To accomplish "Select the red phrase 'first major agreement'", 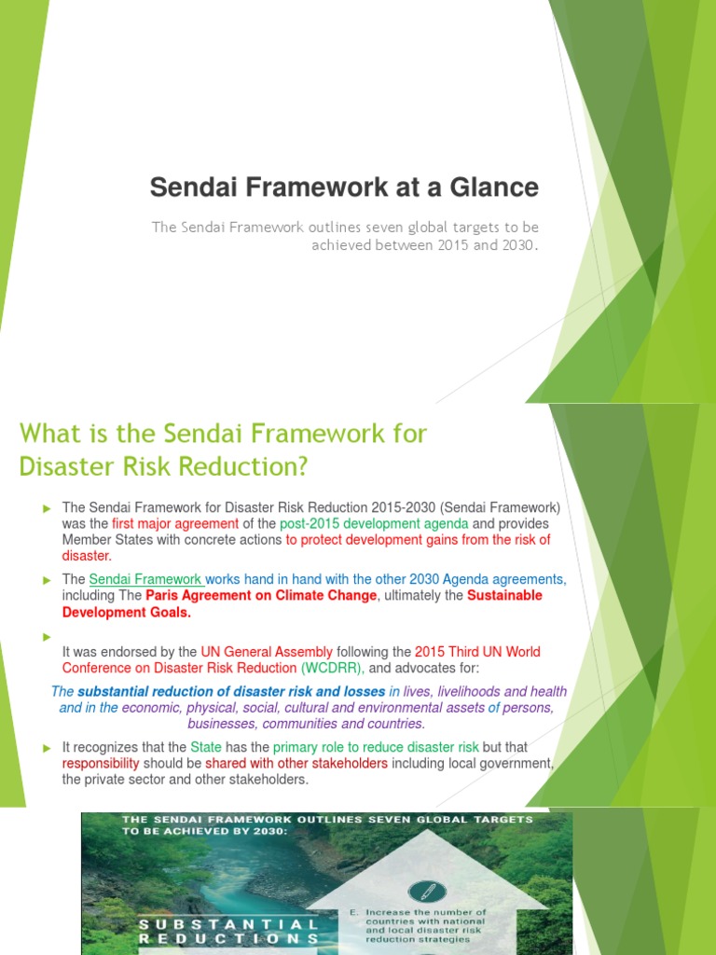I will click(174, 524).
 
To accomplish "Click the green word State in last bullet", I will click(207, 747).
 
